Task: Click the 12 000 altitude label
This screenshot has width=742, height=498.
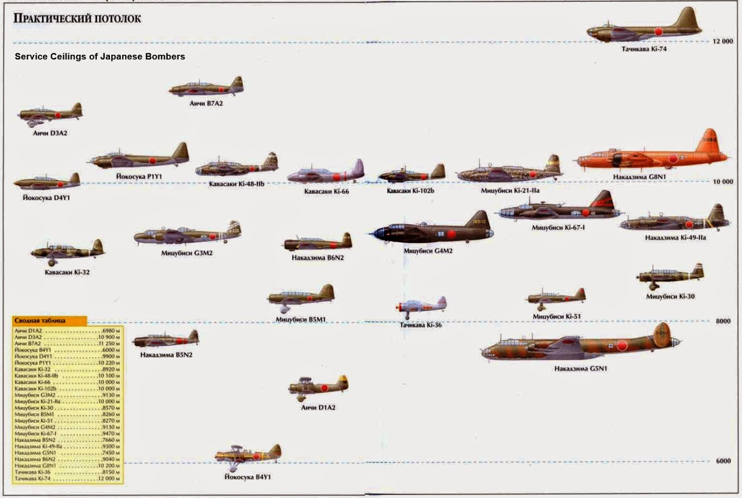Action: tap(723, 41)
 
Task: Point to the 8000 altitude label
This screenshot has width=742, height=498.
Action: tap(723, 321)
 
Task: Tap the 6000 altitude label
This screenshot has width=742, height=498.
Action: tap(723, 461)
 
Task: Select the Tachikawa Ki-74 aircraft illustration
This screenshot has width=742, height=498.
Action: tap(645, 27)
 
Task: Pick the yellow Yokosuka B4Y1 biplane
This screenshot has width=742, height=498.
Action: tap(248, 455)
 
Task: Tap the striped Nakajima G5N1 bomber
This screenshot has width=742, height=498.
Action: tap(580, 345)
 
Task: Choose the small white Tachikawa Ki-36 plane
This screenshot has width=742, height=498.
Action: tap(421, 306)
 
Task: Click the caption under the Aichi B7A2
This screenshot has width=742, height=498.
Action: tap(206, 103)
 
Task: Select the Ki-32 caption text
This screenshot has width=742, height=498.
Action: tap(67, 272)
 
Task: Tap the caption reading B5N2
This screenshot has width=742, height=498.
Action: tap(166, 355)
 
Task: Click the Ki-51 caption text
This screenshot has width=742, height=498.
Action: tap(556, 316)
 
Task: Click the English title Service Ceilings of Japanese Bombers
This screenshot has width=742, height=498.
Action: tap(100, 57)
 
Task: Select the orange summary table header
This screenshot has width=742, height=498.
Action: tap(49, 320)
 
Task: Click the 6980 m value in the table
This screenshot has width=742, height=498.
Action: tap(111, 331)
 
